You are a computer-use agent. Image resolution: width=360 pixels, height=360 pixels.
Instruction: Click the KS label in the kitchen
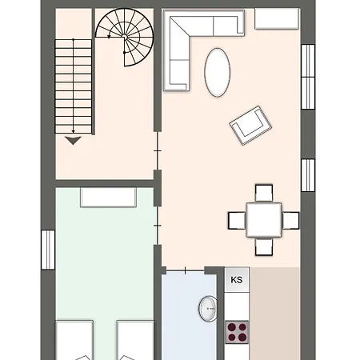237,280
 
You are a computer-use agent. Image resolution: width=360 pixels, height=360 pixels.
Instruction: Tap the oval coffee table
218,72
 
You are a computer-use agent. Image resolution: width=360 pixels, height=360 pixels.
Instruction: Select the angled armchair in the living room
250,126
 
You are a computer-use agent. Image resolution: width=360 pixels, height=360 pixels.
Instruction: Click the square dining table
264,220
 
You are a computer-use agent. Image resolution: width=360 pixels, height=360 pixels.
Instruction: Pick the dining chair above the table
264,193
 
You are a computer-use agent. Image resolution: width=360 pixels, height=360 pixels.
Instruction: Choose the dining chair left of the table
237,220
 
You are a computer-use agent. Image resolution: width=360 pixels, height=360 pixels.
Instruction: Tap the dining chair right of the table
290,220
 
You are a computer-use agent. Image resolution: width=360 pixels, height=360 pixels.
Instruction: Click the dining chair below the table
264,247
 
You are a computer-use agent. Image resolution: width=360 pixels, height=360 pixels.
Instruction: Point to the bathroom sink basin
208,309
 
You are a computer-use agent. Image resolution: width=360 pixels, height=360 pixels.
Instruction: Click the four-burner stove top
237,332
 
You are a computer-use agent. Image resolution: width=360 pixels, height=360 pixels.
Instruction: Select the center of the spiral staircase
124,36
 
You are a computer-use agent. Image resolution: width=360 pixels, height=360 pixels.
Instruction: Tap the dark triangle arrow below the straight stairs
73,140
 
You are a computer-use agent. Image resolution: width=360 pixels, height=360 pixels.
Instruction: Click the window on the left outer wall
48,250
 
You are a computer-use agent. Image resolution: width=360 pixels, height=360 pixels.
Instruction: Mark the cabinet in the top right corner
277,18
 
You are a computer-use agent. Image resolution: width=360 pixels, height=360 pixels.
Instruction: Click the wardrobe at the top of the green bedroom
108,197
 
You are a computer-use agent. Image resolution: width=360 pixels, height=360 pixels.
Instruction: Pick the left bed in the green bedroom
74,340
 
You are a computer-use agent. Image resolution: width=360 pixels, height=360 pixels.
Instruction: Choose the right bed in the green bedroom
135,340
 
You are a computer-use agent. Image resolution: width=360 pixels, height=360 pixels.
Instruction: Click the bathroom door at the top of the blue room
186,271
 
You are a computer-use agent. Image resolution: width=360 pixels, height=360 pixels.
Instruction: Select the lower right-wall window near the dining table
308,175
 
